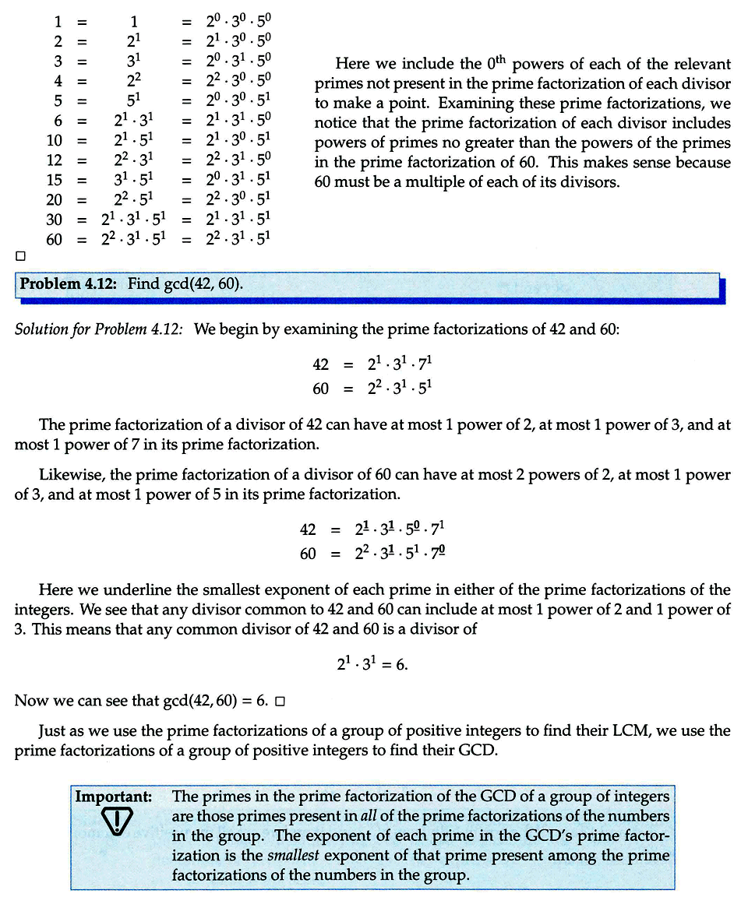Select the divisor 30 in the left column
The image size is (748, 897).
click(x=54, y=220)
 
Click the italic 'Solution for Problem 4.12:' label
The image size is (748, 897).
click(x=99, y=329)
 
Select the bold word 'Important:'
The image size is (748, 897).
click(x=113, y=797)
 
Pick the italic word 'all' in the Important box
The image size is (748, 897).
click(x=370, y=816)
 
